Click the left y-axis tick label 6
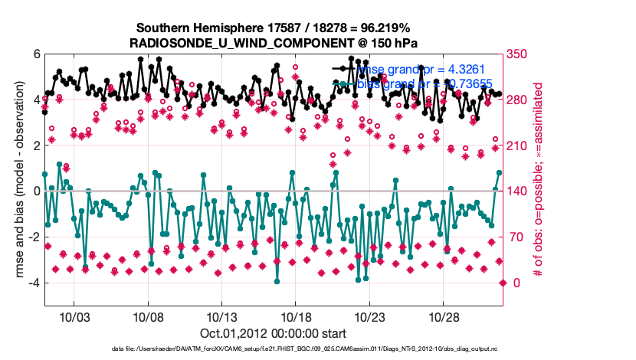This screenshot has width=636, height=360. tap(35, 54)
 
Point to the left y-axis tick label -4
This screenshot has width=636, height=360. tap(33, 283)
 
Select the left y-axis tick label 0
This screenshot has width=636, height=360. tap(35, 191)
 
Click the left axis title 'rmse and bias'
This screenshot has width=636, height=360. tap(13, 180)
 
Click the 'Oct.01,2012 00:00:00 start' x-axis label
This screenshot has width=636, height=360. tap(273, 333)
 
